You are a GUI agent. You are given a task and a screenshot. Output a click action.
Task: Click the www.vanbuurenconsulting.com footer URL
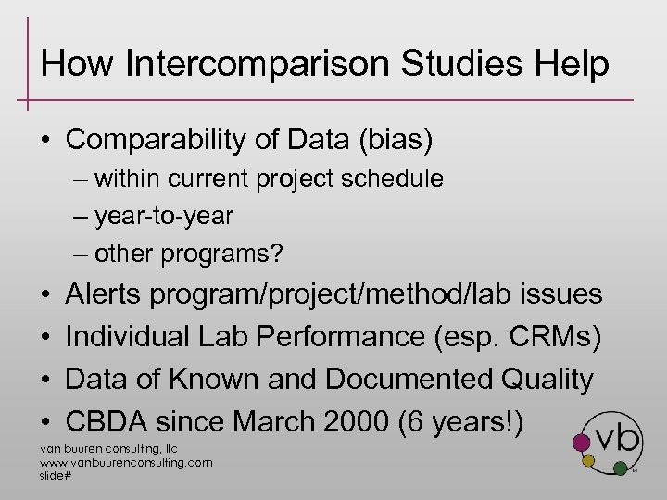[126, 462]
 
